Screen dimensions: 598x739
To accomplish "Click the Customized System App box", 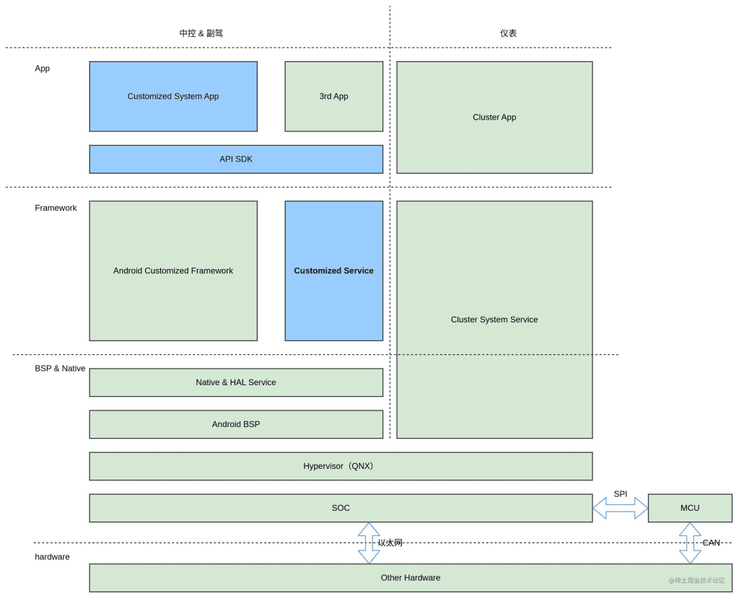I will tap(173, 96).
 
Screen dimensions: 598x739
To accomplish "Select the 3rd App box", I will tap(333, 96).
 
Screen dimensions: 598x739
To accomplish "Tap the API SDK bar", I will tap(236, 159).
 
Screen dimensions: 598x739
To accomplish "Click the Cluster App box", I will tap(494, 117).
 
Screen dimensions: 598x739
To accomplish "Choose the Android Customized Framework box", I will tap(173, 271).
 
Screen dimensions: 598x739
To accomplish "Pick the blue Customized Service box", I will tap(333, 271).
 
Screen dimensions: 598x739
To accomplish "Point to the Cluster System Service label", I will tap(494, 320).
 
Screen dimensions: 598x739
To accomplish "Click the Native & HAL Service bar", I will tap(236, 382).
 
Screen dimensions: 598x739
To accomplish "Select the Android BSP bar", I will tap(236, 424).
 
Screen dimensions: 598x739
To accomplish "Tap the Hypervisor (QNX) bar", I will tap(341, 466).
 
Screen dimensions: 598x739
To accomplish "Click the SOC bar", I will tap(341, 508).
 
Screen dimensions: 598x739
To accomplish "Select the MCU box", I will tap(690, 508).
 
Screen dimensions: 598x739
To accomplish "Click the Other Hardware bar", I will tap(410, 578).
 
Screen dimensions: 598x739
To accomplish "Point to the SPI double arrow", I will tap(621, 508).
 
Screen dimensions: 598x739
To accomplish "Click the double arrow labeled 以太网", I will tap(369, 543).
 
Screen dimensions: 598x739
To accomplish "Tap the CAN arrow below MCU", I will tap(690, 543).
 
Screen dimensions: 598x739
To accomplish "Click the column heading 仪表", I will tap(508, 33).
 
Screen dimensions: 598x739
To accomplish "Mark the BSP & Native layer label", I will tap(60, 369).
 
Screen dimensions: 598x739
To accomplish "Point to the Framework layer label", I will tap(56, 208).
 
